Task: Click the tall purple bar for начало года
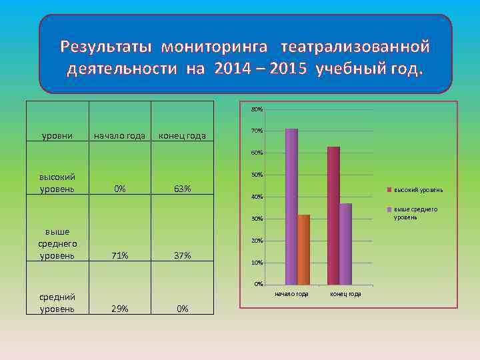(291, 207)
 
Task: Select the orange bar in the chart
(304, 249)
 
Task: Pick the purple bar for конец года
(345, 244)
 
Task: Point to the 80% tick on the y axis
(257, 109)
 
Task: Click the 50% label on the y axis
(257, 175)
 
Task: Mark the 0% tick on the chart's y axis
(258, 285)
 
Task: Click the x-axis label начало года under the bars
(292, 294)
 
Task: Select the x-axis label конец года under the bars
(345, 294)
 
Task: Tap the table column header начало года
(119, 137)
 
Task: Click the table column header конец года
(182, 137)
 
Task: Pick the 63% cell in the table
(182, 189)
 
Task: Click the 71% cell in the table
(120, 255)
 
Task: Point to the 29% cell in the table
(120, 309)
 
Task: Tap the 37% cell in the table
(182, 255)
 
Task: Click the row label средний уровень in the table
(57, 303)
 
